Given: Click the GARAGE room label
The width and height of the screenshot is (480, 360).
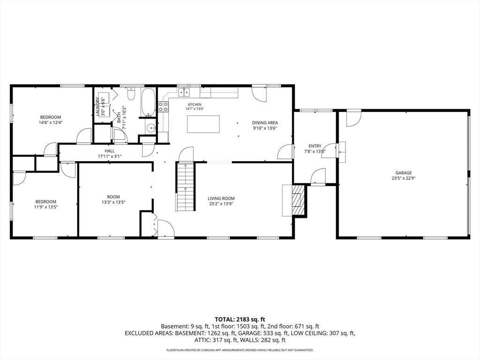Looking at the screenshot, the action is (403, 172).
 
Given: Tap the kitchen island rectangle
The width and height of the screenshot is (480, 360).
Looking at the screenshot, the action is (203, 124).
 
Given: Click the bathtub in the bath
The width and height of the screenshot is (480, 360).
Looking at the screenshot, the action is (149, 102).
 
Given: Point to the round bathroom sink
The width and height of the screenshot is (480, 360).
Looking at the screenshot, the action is (150, 128).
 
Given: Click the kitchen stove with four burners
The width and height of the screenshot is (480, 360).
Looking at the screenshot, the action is (163, 106).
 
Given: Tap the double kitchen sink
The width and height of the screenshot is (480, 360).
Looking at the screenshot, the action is (184, 91).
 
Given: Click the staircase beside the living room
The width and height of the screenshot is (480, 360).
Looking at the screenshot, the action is (186, 187).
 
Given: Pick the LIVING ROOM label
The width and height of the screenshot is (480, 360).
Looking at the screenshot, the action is (221, 198).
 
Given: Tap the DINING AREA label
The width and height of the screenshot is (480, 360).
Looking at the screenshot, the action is (265, 123).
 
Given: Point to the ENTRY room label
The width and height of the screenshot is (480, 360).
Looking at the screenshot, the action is (315, 146).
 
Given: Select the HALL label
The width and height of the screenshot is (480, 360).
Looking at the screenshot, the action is (110, 151).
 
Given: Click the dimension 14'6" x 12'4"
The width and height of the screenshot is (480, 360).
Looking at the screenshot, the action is (51, 122).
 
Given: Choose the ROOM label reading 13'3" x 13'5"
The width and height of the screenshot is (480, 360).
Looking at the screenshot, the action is (113, 197).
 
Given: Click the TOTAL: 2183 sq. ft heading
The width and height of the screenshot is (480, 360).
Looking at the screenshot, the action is (240, 320).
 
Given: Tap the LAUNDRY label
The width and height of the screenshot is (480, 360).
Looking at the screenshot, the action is (97, 106).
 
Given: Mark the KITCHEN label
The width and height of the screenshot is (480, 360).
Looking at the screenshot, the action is (195, 105).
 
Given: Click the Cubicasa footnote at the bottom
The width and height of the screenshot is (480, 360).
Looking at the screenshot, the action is (240, 350).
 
